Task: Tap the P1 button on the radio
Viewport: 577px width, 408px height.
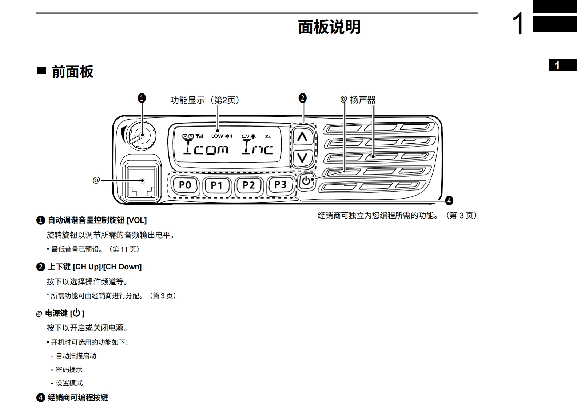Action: pos(216,185)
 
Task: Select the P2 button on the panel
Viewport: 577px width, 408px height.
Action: pos(248,185)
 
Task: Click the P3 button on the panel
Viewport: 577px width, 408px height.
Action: pos(280,185)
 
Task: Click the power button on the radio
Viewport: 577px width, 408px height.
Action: pos(306,181)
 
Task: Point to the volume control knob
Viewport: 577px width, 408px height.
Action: pos(141,136)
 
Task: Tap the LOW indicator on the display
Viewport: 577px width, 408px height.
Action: pos(217,136)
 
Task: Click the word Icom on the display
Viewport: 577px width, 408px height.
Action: pos(206,148)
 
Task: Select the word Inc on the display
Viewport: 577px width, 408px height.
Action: pos(258,148)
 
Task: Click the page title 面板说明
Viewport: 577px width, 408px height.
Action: pos(329,27)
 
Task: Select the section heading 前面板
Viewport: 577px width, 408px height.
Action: pos(72,72)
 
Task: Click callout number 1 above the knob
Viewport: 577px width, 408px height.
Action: pos(142,98)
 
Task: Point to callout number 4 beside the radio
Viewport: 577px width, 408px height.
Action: pos(449,201)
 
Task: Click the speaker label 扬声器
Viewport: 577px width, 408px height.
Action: pos(363,100)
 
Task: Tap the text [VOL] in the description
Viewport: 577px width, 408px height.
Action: pos(136,220)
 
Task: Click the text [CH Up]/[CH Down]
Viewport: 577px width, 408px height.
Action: pos(107,267)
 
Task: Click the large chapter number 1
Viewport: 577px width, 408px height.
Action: pos(518,24)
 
